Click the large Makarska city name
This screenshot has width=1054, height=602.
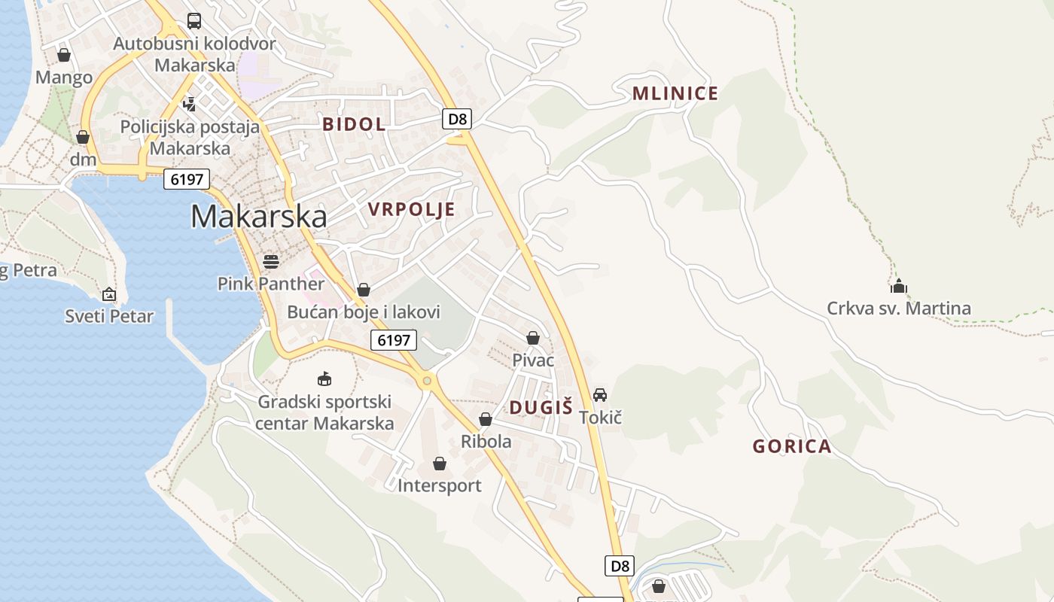point(258,217)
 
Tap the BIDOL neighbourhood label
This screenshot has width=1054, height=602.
point(354,124)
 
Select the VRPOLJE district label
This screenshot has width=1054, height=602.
point(411,209)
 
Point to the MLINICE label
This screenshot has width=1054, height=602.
point(675,93)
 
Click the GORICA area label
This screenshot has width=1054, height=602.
point(792,446)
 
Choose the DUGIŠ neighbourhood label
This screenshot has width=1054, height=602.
point(541,408)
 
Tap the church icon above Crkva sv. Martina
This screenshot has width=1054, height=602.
point(898,286)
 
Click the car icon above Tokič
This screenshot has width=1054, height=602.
point(599,394)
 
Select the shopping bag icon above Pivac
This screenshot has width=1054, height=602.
point(533,338)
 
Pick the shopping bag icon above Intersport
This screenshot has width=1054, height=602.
point(440,464)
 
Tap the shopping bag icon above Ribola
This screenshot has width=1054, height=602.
point(486,419)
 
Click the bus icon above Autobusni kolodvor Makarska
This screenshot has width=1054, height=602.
point(194,21)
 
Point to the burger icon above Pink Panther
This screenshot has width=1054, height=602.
point(271,261)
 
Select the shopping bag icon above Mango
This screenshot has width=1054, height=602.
point(64,55)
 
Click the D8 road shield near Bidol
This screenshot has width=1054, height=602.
point(458,118)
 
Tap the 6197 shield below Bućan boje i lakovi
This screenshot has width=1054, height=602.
point(394,340)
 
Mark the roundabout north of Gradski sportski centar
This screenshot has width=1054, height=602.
point(427,381)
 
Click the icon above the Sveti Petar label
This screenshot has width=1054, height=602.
point(109,294)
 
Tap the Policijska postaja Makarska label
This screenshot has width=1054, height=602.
point(190,137)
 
